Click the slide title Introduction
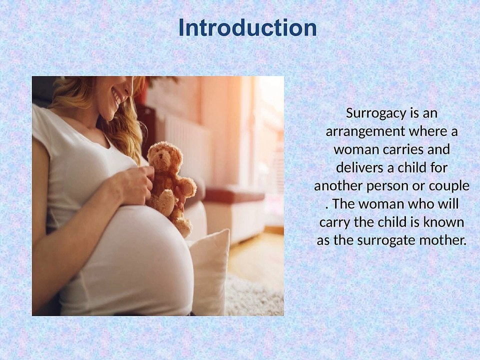coord(247,27)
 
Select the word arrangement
coord(365,132)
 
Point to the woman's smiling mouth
coord(117,96)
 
